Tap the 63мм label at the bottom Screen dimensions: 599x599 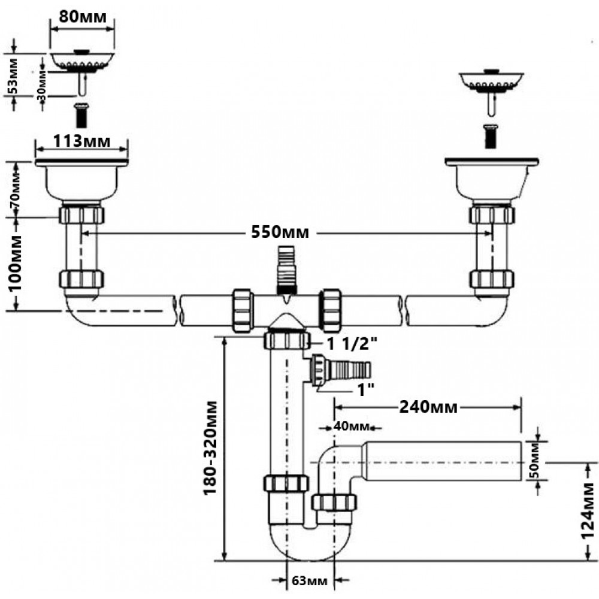tap(310, 580)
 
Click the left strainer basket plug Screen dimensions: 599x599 tap(81, 62)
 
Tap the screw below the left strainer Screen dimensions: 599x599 tap(81, 114)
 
